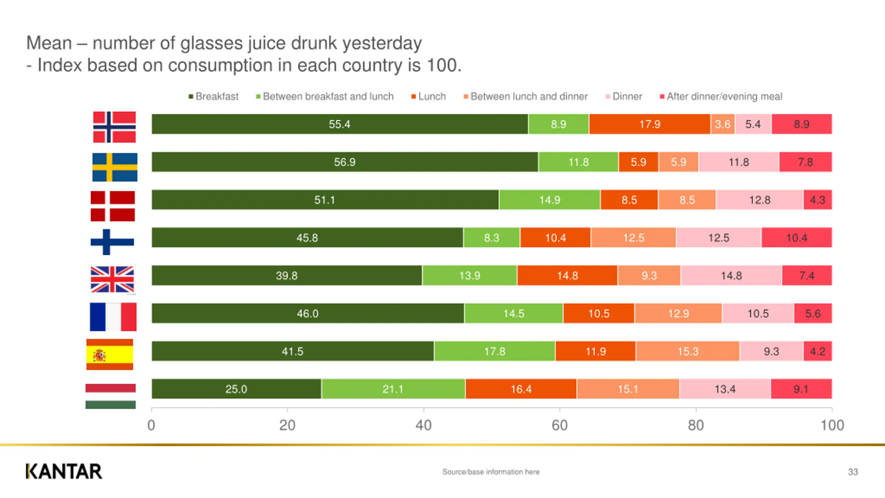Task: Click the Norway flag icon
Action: pos(114,127)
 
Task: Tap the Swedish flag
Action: pos(115,167)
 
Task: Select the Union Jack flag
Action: pos(112,279)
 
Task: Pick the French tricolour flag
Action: pos(113,317)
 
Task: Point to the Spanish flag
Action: pos(110,354)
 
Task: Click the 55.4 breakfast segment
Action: pos(339,124)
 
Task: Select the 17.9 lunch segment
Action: pos(650,124)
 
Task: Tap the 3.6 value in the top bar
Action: pos(723,124)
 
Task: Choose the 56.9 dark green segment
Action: pos(345,162)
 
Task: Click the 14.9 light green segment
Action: pos(550,200)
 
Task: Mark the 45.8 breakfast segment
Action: pos(307,238)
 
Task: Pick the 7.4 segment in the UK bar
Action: pos(807,276)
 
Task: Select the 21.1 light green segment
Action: pos(393,389)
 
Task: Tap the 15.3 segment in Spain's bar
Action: pos(688,351)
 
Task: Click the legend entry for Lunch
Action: pos(429,96)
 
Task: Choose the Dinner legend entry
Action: pos(624,96)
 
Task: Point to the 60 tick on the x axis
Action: pos(560,425)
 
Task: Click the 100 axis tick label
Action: pos(832,425)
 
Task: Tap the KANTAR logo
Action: pos(64,471)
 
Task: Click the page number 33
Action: pos(853,472)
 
